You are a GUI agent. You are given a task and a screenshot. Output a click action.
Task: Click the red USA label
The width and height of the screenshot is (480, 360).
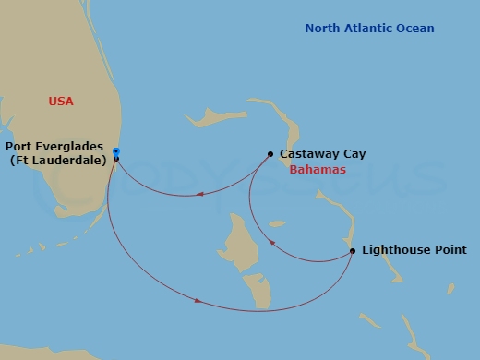tap(61, 102)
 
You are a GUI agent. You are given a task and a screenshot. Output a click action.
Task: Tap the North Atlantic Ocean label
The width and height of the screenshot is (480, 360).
tap(369, 29)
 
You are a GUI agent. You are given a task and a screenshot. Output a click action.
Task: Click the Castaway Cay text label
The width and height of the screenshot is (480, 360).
tap(322, 154)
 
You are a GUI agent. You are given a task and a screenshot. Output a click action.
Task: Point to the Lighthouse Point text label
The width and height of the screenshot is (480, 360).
tap(414, 250)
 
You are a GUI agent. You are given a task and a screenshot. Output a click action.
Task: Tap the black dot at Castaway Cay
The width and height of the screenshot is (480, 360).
tap(270, 154)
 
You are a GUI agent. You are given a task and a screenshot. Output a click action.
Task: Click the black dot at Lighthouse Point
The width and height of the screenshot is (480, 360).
tap(353, 250)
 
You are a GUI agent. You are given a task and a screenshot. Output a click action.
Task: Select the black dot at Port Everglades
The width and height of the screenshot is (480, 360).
tap(116, 159)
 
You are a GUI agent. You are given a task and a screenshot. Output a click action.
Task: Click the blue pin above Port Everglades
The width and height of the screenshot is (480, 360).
tap(115, 150)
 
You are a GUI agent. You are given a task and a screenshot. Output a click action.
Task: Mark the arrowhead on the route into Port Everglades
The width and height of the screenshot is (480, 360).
tap(187, 194)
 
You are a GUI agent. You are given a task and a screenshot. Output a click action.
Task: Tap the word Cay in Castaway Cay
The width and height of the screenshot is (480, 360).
tap(354, 154)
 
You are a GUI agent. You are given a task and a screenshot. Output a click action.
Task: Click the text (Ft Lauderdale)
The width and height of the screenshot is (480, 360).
tap(59, 161)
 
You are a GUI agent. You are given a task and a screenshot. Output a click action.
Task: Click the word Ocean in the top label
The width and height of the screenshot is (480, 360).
tap(415, 29)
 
